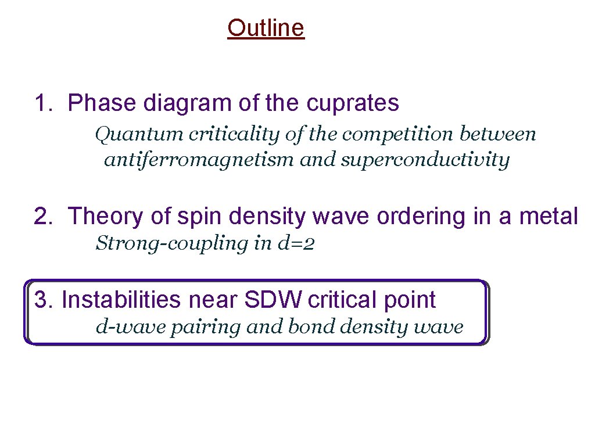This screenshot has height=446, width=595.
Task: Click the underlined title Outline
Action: pyautogui.click(x=266, y=28)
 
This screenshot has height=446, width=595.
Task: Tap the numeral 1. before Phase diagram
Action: pyautogui.click(x=45, y=103)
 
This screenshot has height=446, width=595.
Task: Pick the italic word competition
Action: pyautogui.click(x=399, y=134)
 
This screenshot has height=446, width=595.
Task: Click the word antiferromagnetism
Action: pyautogui.click(x=199, y=159)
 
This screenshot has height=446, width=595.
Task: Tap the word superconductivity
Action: pyautogui.click(x=425, y=159)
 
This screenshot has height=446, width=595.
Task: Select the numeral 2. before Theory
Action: pyautogui.click(x=45, y=217)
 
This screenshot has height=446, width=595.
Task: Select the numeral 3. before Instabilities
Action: pyautogui.click(x=44, y=300)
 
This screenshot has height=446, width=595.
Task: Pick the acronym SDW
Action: pyautogui.click(x=274, y=300)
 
